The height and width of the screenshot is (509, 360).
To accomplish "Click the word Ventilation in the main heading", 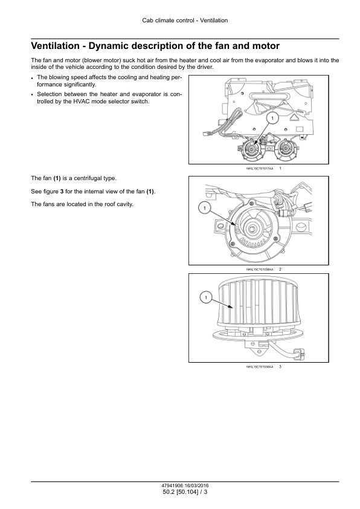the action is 55,46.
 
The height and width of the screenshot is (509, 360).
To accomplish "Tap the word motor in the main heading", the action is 266,46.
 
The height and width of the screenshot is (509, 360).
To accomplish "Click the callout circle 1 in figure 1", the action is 272,118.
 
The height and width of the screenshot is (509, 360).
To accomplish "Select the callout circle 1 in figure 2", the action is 205,208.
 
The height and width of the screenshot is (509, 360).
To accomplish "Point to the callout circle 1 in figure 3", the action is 206,297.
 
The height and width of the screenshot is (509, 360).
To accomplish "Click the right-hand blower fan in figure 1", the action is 286,151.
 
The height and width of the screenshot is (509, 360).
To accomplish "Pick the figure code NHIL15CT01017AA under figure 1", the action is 260,169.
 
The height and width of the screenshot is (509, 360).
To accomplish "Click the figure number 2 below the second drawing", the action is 280,270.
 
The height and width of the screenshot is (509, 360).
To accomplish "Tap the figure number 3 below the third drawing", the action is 280,367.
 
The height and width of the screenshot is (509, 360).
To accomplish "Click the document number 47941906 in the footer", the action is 172,485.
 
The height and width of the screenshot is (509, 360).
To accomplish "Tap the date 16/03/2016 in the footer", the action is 197,485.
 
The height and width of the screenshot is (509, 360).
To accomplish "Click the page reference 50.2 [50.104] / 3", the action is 185,492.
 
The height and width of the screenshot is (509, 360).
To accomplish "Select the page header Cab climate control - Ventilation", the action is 185,21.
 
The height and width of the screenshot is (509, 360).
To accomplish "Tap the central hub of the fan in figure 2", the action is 252,229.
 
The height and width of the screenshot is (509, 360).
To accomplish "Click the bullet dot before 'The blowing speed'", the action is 32,78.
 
